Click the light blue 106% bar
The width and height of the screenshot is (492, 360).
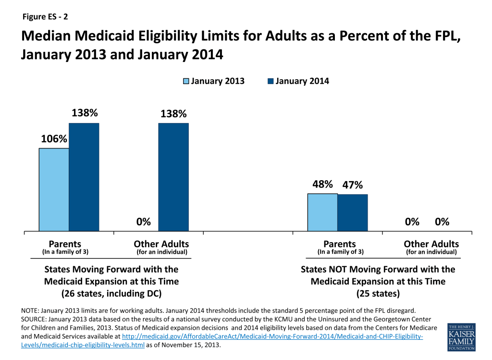(54, 189)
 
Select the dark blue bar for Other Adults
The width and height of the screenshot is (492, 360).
(173, 177)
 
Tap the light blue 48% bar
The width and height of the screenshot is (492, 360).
(322, 212)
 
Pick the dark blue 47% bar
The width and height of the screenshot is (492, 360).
(353, 213)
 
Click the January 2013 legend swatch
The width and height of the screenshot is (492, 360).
(186, 81)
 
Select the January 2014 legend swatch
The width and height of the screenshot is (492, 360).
(271, 81)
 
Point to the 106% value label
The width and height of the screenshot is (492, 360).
(54, 139)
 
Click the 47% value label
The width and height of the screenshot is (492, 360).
(353, 185)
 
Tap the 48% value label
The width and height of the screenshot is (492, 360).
(322, 184)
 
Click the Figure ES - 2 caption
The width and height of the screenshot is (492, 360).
(45, 17)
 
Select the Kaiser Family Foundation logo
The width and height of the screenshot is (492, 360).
(462, 337)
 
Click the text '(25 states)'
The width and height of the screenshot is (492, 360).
(378, 294)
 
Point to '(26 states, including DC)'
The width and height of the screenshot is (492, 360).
(111, 294)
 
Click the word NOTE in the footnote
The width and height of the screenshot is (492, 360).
(30, 310)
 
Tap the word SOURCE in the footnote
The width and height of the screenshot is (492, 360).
(34, 319)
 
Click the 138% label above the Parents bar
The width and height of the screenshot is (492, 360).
(85, 112)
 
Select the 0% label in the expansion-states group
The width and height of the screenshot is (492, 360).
(143, 222)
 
